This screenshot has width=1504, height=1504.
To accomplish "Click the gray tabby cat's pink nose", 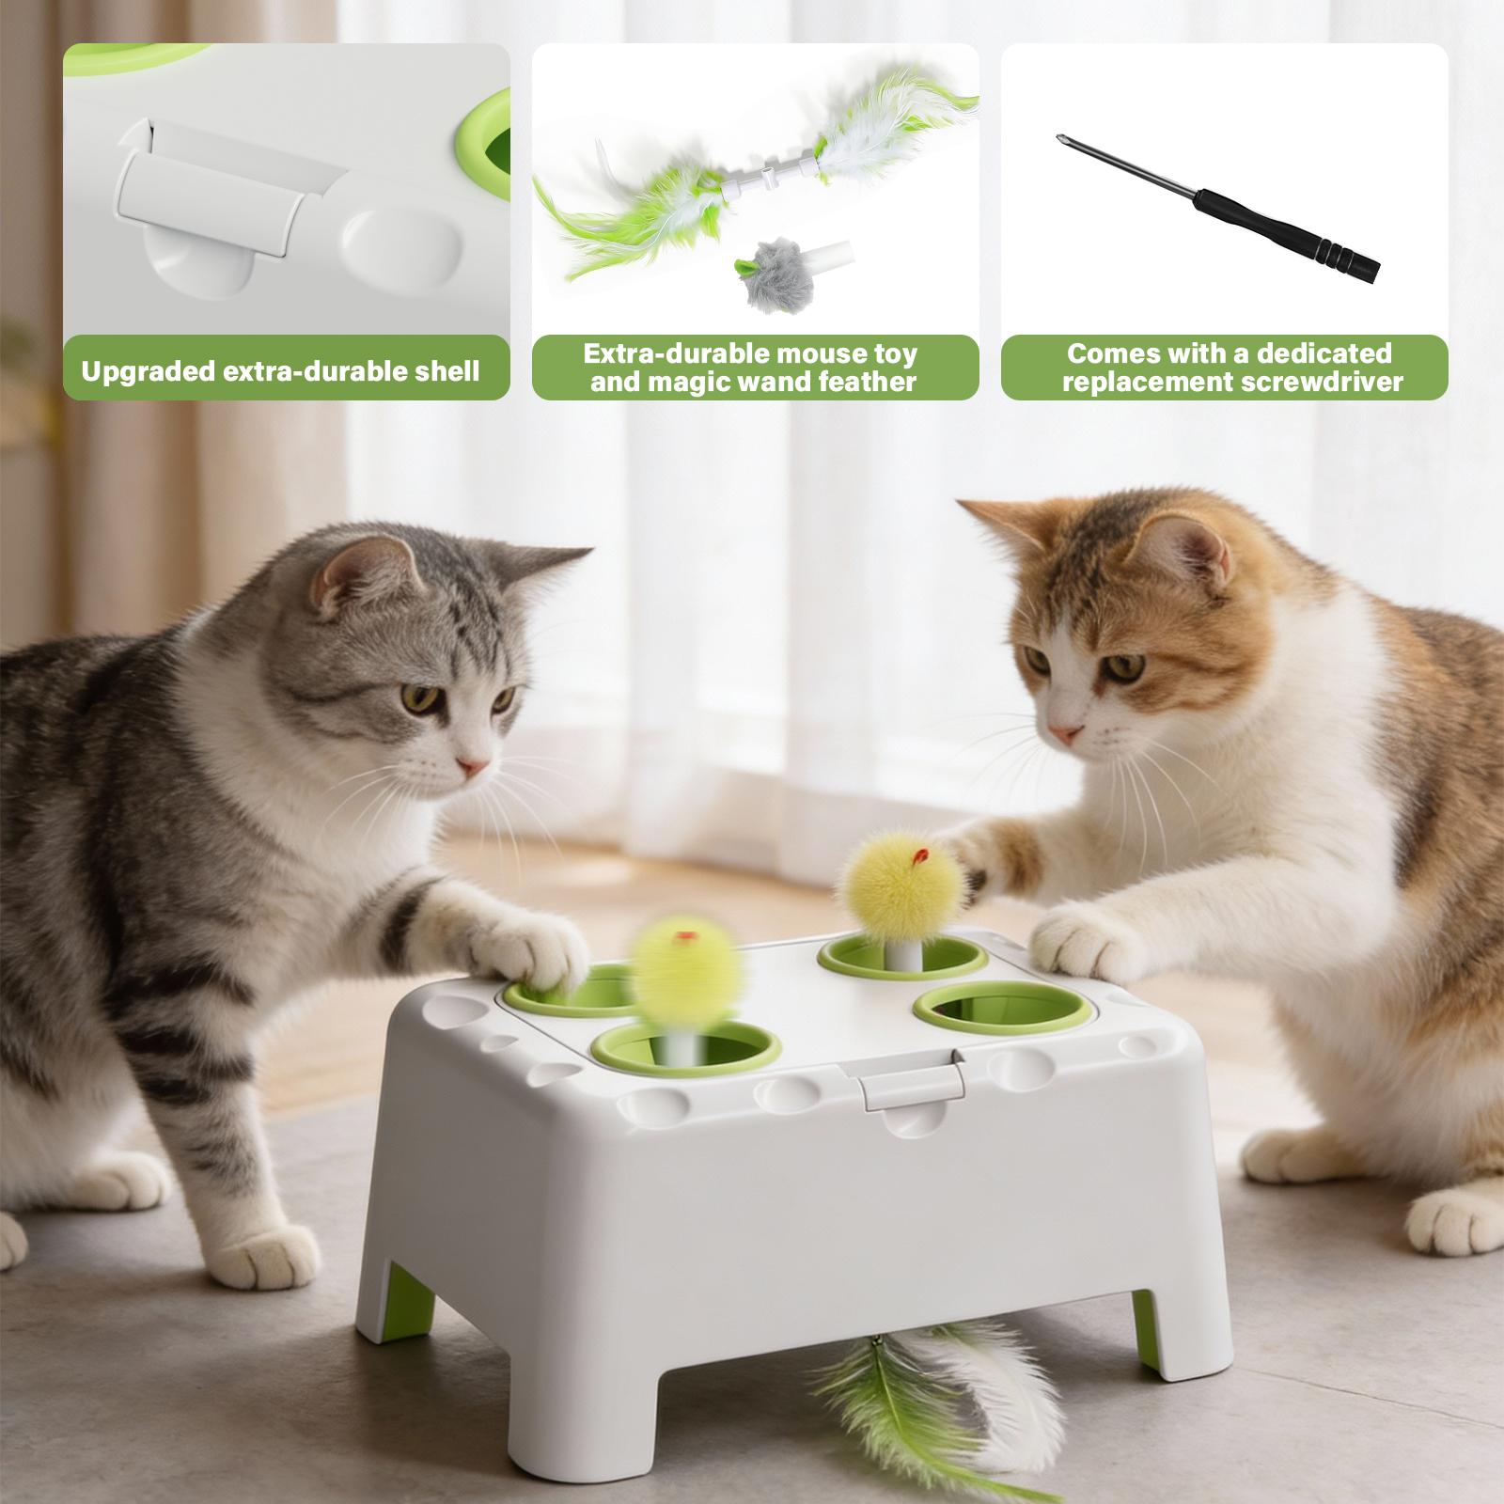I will (x=473, y=766).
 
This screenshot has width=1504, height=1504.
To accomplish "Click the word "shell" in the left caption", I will (x=437, y=371).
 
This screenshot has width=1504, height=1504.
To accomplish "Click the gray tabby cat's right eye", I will (x=423, y=699).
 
